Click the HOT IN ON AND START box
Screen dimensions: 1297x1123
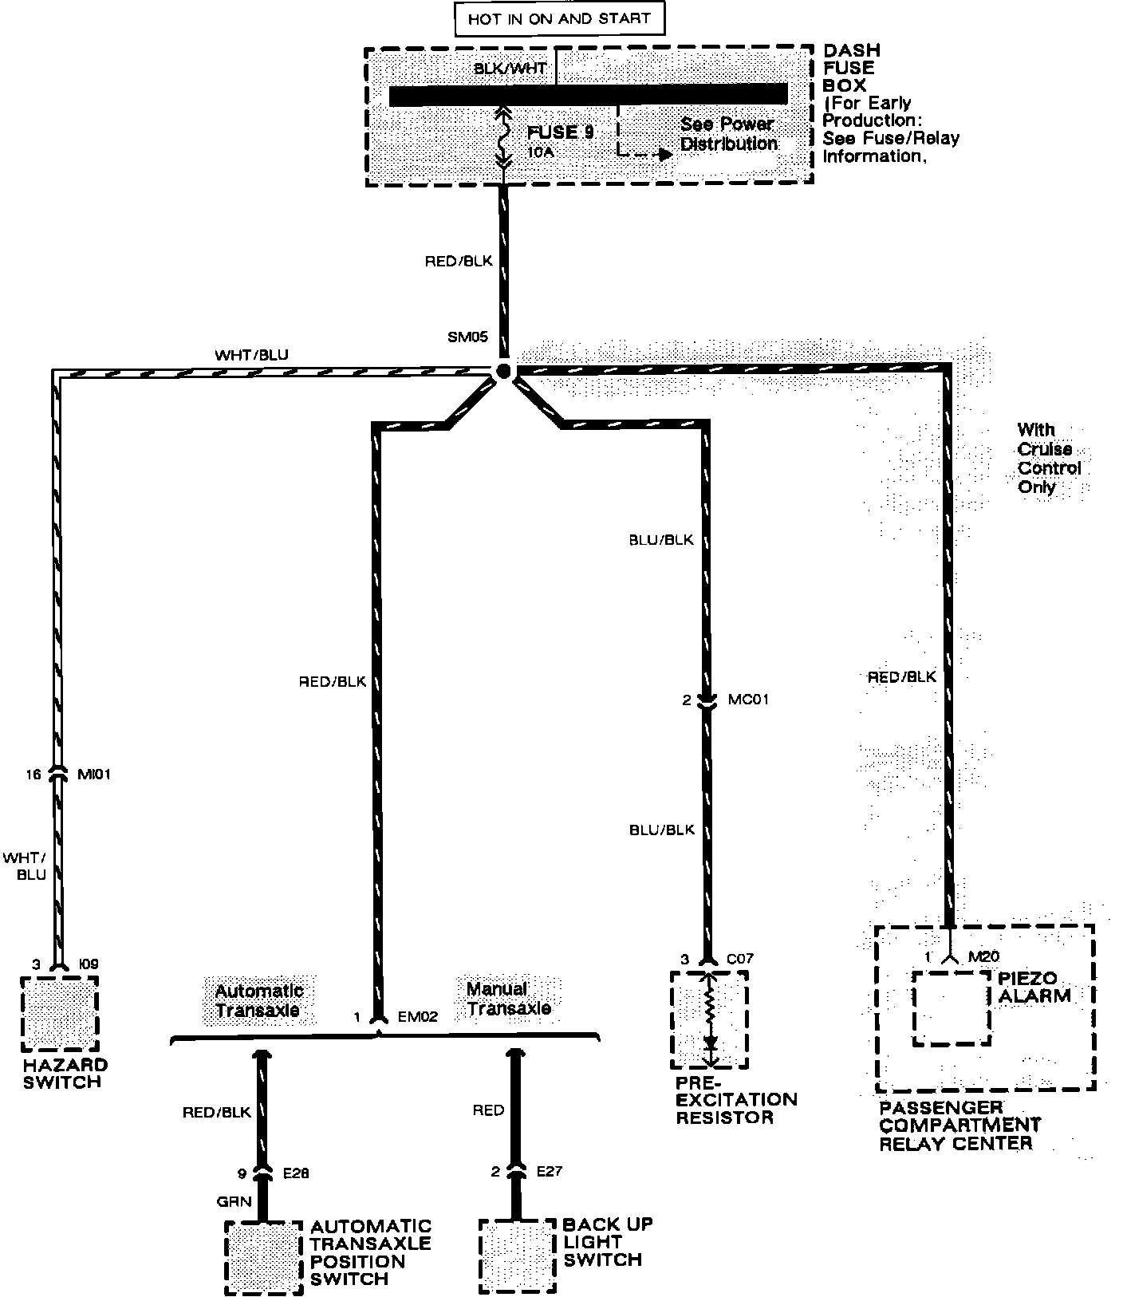click(x=559, y=18)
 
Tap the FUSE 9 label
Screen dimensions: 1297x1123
click(x=561, y=132)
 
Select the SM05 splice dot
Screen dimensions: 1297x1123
click(x=502, y=371)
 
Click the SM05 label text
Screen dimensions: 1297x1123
click(x=467, y=337)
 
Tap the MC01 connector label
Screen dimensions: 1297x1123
click(x=748, y=700)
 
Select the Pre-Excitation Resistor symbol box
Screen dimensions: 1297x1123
click(x=710, y=1019)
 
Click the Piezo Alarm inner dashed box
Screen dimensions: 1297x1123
click(x=952, y=1007)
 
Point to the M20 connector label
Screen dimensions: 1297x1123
click(x=983, y=957)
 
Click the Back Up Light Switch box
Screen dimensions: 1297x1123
click(x=517, y=1256)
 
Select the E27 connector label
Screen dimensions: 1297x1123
click(x=549, y=1172)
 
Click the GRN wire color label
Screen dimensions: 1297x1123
click(x=234, y=1201)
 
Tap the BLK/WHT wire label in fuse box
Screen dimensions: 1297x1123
click(x=510, y=69)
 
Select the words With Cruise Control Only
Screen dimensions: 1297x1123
click(x=1047, y=459)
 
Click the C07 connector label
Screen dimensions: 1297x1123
click(x=739, y=959)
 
